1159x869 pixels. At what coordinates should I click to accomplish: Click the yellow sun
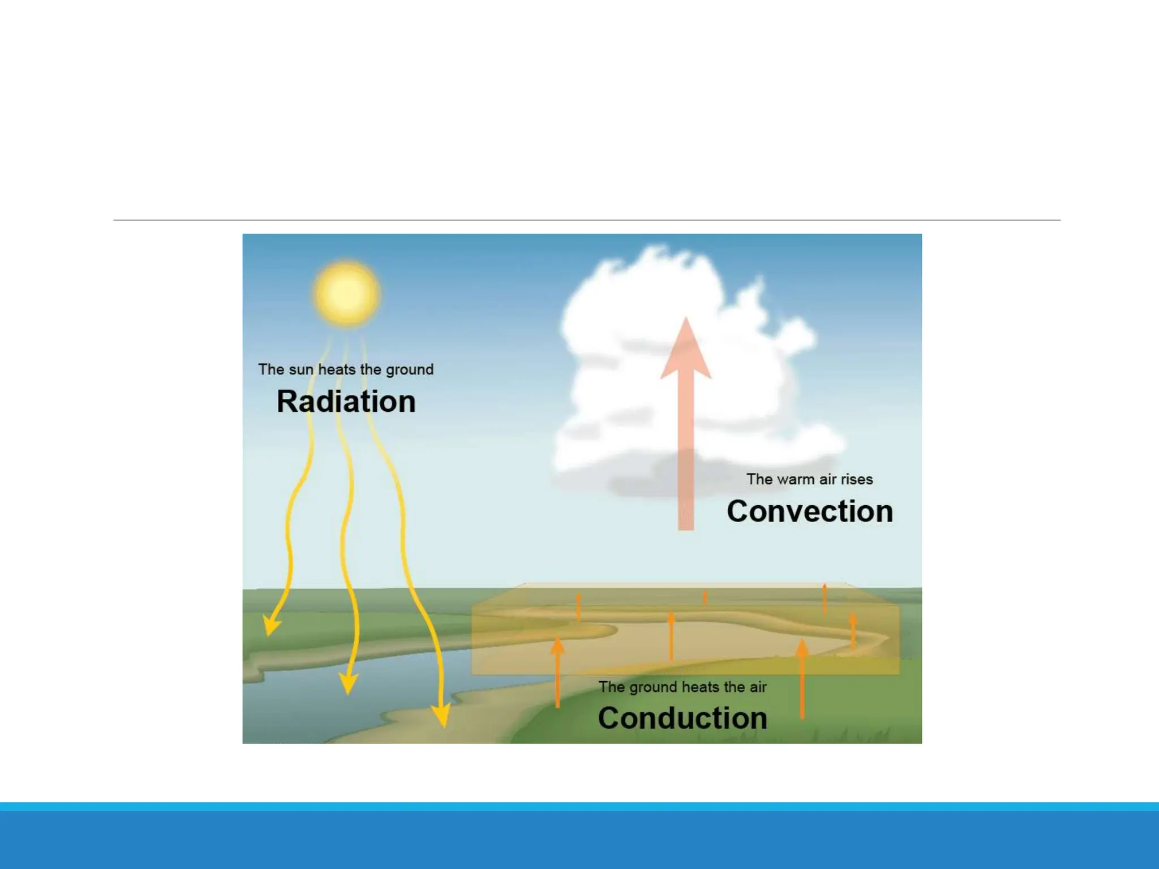[346, 293]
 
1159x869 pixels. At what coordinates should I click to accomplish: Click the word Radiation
[346, 402]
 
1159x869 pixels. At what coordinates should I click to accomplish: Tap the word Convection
[809, 511]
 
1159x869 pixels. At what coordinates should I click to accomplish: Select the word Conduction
[682, 718]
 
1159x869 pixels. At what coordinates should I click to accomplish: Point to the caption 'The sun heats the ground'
[346, 369]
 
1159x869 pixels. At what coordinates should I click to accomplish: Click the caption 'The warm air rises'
[809, 479]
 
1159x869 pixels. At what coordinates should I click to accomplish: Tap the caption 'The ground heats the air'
[682, 687]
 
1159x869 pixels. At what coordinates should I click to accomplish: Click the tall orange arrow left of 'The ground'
[557, 673]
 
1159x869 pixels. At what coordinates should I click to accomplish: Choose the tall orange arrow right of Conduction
[802, 679]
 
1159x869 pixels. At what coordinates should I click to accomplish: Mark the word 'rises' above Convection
[857, 479]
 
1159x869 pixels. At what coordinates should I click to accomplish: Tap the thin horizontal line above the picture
[586, 220]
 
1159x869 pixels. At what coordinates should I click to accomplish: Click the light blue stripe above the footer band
[579, 806]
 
